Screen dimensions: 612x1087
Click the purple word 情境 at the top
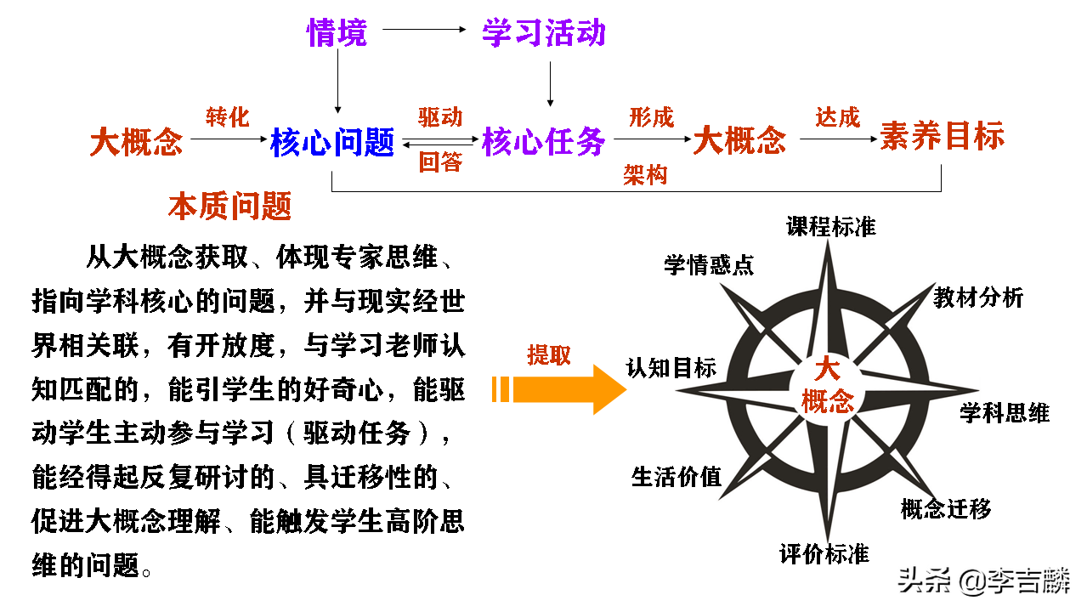point(337,33)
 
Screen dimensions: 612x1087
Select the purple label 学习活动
point(544,33)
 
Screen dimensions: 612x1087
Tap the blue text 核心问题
point(332,142)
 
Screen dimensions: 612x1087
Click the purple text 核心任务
point(544,142)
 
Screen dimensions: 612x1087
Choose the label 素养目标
point(942,137)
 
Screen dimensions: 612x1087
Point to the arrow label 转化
point(228,116)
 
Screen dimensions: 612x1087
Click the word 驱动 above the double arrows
point(440,117)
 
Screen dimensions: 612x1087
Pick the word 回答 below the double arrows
point(440,162)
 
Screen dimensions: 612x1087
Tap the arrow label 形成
point(651,117)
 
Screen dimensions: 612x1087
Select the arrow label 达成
point(838,116)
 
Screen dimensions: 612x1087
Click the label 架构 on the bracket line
point(645,175)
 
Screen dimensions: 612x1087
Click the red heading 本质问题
point(229,206)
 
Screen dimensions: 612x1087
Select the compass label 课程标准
point(830,226)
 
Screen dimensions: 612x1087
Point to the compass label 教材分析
point(978,297)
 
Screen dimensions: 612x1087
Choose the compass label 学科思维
point(1005,413)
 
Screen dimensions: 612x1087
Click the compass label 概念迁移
point(945,508)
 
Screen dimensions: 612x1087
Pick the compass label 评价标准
point(824,554)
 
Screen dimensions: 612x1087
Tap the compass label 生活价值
point(676,476)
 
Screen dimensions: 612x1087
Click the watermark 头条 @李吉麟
point(985,582)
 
